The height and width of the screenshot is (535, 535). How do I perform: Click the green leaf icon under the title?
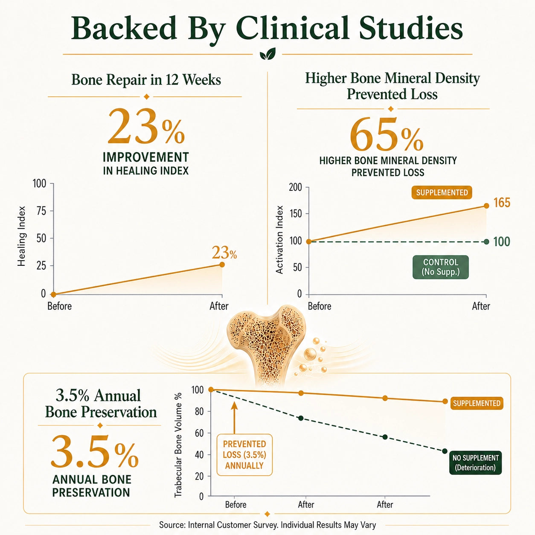coord(267,53)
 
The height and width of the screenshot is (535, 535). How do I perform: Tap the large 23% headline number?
coord(146,127)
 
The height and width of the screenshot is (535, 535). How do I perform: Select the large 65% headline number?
coord(387,135)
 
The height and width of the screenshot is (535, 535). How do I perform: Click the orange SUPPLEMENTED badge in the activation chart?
coord(442,192)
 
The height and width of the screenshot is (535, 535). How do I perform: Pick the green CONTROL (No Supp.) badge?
coord(441,267)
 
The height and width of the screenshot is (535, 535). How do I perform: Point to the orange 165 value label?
coord(502,203)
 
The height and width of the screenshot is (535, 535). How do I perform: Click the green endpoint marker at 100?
coord(486,241)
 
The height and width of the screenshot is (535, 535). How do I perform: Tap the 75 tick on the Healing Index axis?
coord(41,211)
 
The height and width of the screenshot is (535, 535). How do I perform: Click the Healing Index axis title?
coord(21,236)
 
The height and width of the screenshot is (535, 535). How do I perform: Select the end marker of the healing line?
coord(222,265)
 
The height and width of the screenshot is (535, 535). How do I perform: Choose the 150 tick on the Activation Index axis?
coord(295,214)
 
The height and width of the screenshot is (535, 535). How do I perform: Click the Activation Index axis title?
coord(279,240)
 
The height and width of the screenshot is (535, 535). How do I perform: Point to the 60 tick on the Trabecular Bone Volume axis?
coord(199,433)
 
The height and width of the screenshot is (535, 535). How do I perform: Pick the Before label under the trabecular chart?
coord(236,504)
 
